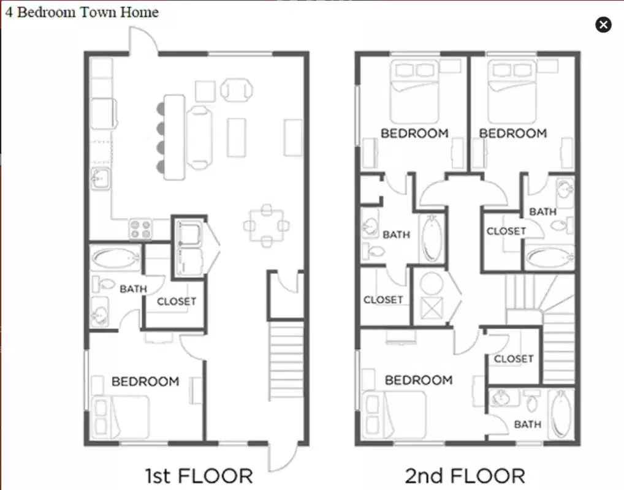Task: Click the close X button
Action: (603, 24)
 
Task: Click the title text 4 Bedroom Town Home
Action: (82, 12)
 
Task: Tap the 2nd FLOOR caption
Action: (465, 475)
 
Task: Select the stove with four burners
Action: (140, 229)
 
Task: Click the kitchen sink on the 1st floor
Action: (99, 179)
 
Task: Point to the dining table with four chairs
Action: (266, 226)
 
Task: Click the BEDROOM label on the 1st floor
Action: (145, 381)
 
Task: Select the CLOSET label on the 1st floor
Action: (177, 301)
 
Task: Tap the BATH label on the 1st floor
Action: (133, 288)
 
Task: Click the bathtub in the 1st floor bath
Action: (115, 258)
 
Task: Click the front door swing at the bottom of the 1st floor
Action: (283, 457)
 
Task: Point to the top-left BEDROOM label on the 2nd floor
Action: (414, 133)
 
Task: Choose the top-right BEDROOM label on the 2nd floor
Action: (512, 133)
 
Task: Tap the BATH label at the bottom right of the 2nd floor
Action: (527, 424)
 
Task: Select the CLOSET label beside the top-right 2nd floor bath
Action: (506, 231)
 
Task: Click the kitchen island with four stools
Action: (174, 136)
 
